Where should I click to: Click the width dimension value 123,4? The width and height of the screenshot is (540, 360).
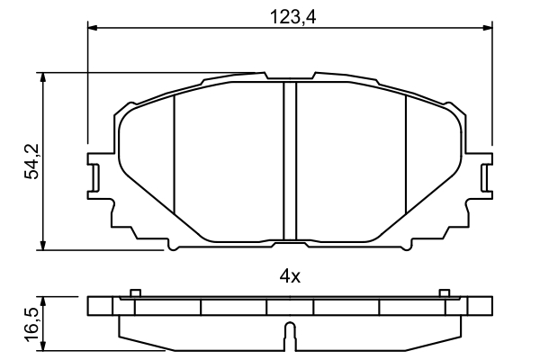[290, 14]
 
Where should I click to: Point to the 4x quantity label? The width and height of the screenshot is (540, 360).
[289, 277]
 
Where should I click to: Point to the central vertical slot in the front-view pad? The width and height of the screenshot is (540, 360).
[290, 162]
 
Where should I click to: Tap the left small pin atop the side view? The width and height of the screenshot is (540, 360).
[134, 292]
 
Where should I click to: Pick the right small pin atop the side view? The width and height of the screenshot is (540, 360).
[443, 292]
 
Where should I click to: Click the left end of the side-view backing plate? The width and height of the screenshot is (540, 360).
[92, 306]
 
